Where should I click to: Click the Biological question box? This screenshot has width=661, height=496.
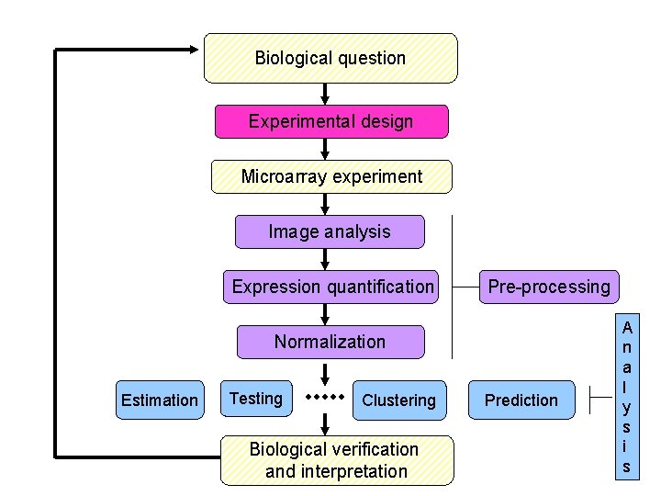(x=330, y=59)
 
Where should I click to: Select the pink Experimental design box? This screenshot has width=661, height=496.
(x=330, y=121)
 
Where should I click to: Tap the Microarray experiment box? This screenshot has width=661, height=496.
(x=331, y=176)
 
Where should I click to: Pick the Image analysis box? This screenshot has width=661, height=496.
(x=330, y=232)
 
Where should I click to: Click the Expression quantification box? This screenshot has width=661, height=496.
(x=332, y=287)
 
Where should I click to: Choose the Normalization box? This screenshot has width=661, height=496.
(x=330, y=342)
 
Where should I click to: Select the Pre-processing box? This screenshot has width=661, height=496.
(x=548, y=287)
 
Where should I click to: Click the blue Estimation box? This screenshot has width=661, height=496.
(x=160, y=400)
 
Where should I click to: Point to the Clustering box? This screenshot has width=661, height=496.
(x=398, y=400)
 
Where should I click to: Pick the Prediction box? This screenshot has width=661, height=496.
(x=521, y=400)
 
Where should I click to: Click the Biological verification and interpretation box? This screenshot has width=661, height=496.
(x=336, y=460)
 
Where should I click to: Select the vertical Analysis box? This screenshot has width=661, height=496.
(x=626, y=397)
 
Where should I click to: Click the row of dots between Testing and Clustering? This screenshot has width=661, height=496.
(x=324, y=398)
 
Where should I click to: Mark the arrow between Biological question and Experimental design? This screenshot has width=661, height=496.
(x=325, y=94)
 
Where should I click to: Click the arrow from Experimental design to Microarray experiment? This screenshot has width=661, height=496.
(x=329, y=150)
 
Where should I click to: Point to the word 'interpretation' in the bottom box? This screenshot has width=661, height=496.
(x=336, y=471)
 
